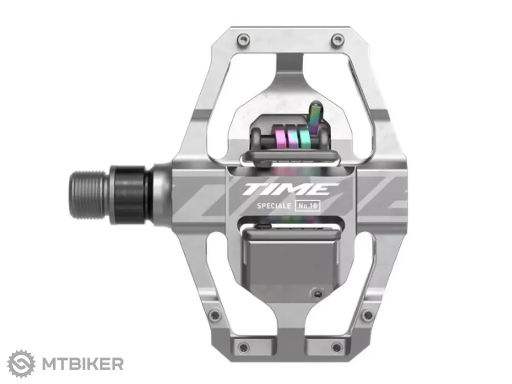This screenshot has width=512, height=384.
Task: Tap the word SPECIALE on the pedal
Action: coord(273,206)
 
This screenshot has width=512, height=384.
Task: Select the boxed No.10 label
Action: coord(307,206)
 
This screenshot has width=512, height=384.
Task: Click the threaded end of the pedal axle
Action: coord(89,195)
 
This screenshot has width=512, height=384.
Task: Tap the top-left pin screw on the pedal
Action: coord(243,40)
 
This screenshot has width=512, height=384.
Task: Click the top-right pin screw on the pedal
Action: coord(337,40)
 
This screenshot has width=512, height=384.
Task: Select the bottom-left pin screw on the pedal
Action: coord(243,347)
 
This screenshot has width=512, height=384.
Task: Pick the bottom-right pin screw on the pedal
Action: coord(336,347)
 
